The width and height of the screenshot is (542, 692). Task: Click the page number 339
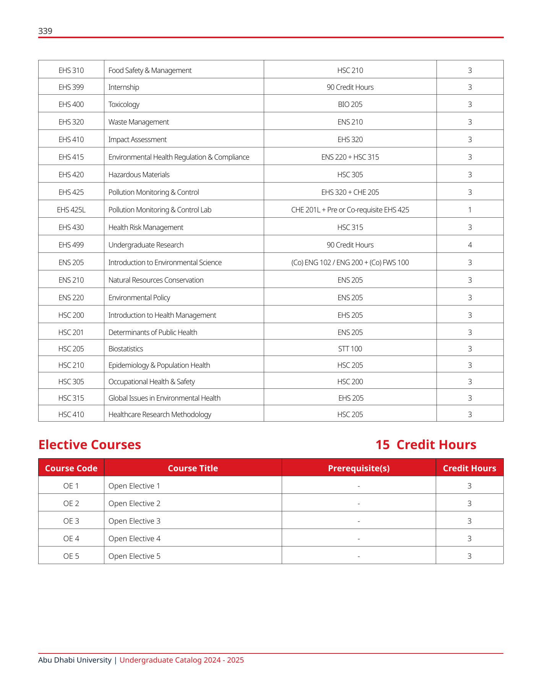click(45, 31)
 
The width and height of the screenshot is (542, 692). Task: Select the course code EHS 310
click(71, 70)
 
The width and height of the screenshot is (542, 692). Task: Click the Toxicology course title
click(124, 104)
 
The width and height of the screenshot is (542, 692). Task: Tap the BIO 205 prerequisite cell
click(350, 104)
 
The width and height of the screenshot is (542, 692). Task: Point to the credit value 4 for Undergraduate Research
click(470, 245)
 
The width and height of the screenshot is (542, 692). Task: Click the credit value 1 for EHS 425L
click(470, 210)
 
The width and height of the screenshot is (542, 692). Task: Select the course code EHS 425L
click(71, 210)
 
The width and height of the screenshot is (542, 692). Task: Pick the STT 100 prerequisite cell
click(350, 349)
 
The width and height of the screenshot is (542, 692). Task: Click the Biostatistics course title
click(126, 349)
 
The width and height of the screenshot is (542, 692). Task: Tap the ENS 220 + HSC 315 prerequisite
click(350, 157)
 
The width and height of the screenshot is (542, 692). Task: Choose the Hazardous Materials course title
click(139, 175)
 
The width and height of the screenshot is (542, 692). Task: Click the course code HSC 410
click(71, 414)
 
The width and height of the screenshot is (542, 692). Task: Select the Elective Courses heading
click(90, 445)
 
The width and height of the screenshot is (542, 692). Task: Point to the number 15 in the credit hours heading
click(382, 445)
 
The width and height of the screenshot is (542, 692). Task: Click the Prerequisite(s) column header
click(359, 468)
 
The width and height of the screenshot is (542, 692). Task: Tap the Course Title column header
click(193, 468)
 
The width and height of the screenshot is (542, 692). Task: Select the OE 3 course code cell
click(71, 521)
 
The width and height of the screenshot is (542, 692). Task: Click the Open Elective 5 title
click(135, 556)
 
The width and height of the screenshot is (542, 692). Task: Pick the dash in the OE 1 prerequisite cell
click(359, 486)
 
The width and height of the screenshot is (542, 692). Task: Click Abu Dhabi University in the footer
click(75, 660)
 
